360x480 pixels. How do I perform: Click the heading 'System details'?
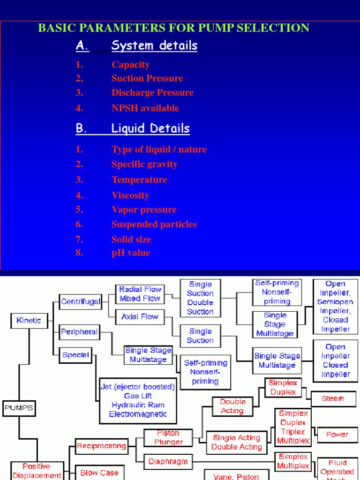(x=154, y=45)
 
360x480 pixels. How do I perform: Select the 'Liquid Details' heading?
(x=150, y=128)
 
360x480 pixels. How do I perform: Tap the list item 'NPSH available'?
(x=145, y=108)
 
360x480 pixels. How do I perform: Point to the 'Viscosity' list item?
(x=130, y=195)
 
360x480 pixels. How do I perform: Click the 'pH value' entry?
(x=131, y=253)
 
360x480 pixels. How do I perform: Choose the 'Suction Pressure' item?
(x=147, y=78)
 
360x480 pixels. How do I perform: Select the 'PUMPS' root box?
(x=19, y=408)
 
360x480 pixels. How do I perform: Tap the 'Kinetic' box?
(x=29, y=321)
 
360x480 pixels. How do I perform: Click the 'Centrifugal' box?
(x=81, y=301)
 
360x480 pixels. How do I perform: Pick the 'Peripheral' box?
(x=79, y=332)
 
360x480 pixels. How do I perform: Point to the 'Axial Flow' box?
(x=140, y=317)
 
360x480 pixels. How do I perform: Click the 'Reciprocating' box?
(x=101, y=446)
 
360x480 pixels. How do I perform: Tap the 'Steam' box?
(x=333, y=398)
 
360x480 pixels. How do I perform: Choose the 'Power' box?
(x=337, y=435)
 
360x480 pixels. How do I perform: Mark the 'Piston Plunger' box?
(x=162, y=437)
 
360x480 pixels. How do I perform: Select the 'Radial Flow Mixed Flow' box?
(x=140, y=294)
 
